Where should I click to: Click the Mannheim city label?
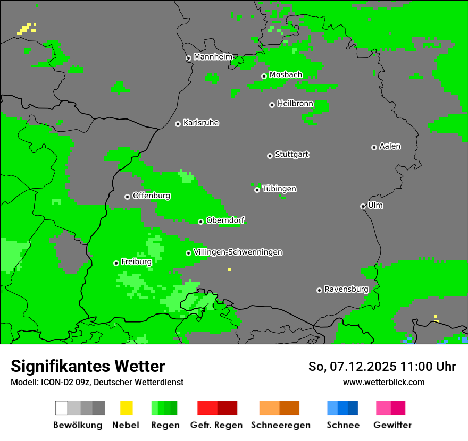pos(213,57)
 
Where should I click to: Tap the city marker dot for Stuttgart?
pos(270,156)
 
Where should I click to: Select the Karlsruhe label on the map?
pos(200,123)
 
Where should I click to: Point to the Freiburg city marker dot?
pos(116,263)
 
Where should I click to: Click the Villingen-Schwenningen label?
pos(238,252)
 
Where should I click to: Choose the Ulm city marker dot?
pos(363,206)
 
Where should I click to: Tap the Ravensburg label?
pos(346,289)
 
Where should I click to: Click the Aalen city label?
pos(390,146)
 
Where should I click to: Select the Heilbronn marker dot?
pos(272,105)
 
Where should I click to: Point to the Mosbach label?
pos(286,75)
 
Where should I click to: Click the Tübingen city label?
pos(279,189)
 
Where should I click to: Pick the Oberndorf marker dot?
pos(200,222)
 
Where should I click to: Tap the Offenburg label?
pos(151,196)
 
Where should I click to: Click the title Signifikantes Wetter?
pos(88,366)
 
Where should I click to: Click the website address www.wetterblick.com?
pos(383,382)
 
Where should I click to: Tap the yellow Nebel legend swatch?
pos(126,408)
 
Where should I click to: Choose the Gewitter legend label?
pos(392,425)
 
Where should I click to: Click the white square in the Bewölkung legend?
pos(62,408)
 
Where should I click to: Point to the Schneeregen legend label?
pos(280,425)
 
